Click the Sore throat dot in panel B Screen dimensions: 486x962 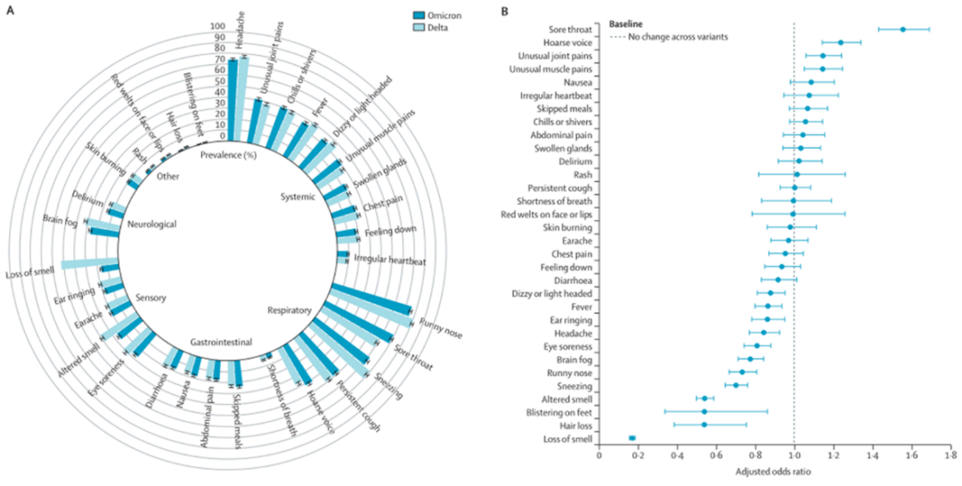click(902, 29)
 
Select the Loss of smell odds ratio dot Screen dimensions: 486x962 click(632, 438)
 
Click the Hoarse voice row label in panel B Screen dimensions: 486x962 click(568, 43)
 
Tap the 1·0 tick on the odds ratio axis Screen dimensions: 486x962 click(794, 457)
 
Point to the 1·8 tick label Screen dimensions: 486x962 click(950, 457)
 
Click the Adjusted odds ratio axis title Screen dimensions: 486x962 click(772, 472)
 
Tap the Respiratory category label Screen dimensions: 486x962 click(289, 310)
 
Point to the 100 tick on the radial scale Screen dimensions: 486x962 click(217, 27)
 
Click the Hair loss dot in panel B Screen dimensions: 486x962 click(704, 424)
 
